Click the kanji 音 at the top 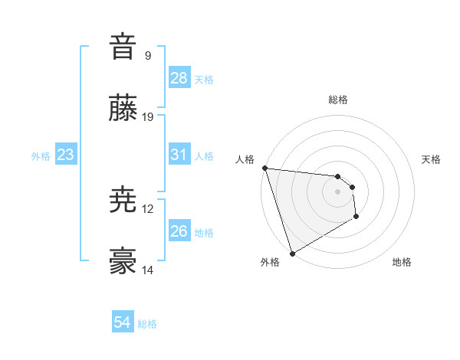click(x=123, y=47)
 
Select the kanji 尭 click(x=123, y=201)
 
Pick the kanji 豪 click(x=123, y=262)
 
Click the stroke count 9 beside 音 click(x=148, y=56)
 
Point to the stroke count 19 click(x=148, y=117)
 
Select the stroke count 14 click(x=148, y=270)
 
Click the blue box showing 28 click(x=179, y=78)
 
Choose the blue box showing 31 click(x=179, y=155)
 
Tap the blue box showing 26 click(x=179, y=231)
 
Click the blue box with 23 click(x=66, y=155)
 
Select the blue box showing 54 click(x=123, y=322)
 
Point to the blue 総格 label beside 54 click(x=147, y=324)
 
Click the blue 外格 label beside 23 click(x=41, y=156)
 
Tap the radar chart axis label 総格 click(x=338, y=100)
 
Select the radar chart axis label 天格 click(x=432, y=159)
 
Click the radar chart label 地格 click(x=402, y=263)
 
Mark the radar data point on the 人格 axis click(x=264, y=169)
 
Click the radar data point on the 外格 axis click(x=292, y=254)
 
